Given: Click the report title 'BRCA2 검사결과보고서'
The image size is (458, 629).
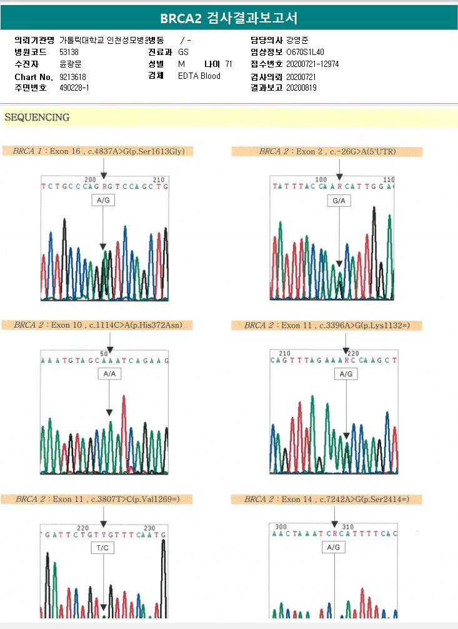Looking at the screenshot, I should [x=229, y=18].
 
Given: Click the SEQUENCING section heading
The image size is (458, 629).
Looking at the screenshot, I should [x=36, y=118].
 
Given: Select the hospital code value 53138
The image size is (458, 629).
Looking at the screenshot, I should [x=69, y=52].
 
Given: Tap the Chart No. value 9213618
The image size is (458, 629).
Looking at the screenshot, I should [x=72, y=76].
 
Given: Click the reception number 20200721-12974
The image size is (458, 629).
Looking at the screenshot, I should [x=312, y=64].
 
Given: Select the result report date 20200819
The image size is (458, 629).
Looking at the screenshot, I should [x=301, y=88].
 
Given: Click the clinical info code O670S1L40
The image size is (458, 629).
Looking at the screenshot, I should [x=305, y=53].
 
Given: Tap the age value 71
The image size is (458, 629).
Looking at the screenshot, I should [x=229, y=64].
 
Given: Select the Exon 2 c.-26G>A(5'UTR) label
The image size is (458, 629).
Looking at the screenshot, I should [x=327, y=151].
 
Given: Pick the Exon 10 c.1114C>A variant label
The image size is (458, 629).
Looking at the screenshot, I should [x=102, y=325].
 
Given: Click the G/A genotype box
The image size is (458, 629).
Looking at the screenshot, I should [x=339, y=201].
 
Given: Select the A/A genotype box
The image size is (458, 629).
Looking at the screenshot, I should [x=109, y=374].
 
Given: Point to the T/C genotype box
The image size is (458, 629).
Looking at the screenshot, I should [x=104, y=548].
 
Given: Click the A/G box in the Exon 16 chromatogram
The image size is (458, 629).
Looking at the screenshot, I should [x=104, y=201].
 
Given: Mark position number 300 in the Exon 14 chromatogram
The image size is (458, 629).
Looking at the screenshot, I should [x=281, y=526].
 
